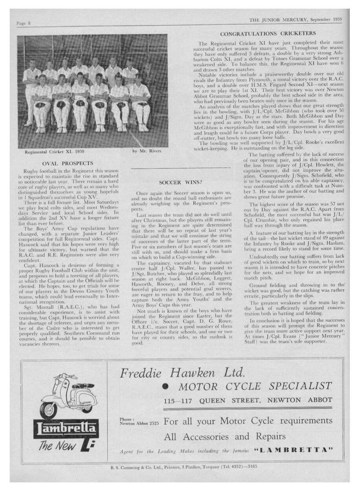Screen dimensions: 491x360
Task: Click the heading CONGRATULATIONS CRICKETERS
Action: pyautogui.click(x=268, y=34)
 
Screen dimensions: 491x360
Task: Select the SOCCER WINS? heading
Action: pyautogui.click(x=180, y=183)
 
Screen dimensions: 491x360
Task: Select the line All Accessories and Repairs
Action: pyautogui.click(x=220, y=437)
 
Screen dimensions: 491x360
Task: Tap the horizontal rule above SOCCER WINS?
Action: pyautogui.click(x=180, y=168)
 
